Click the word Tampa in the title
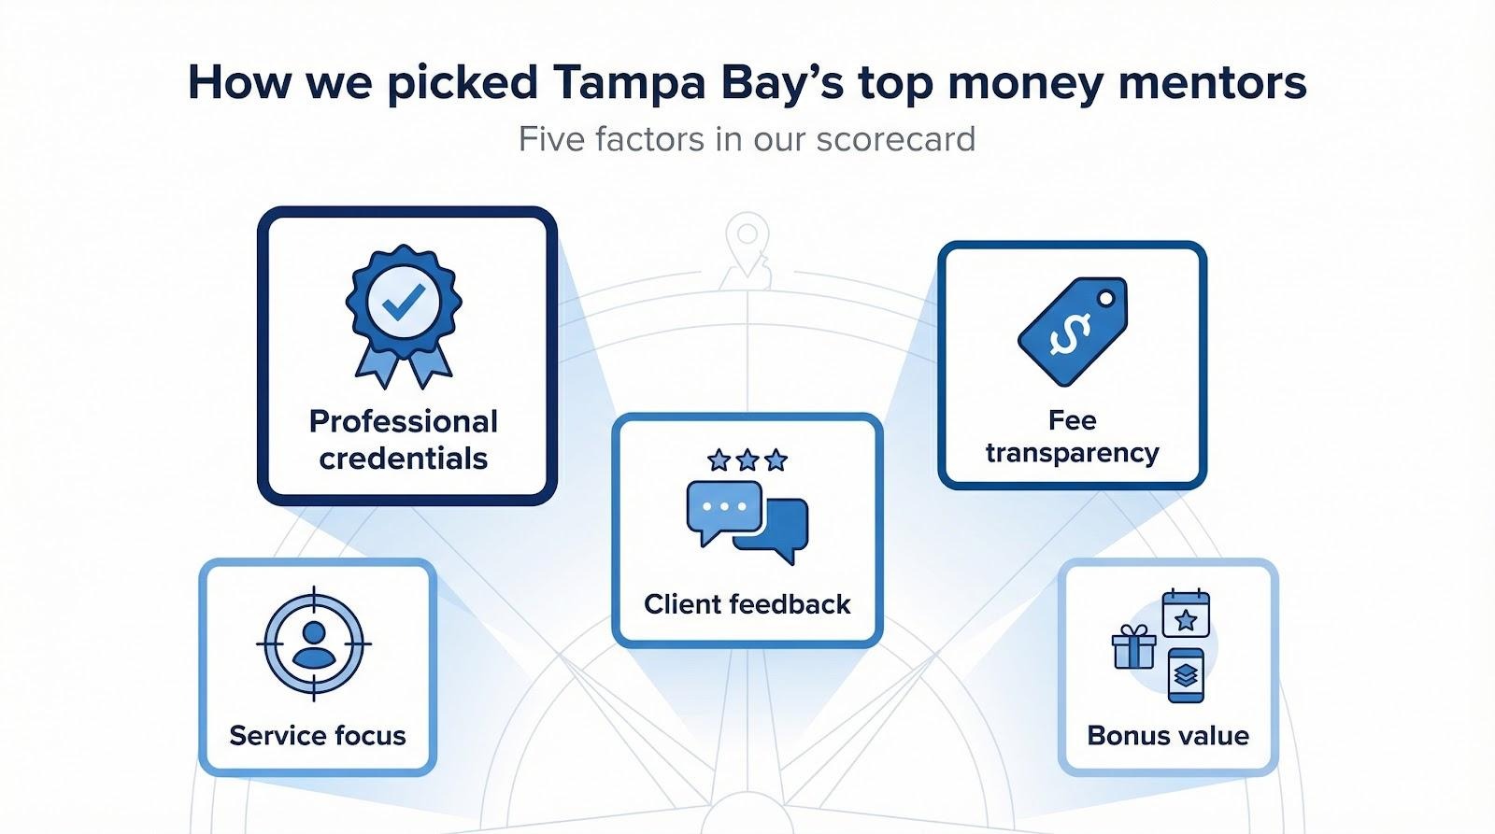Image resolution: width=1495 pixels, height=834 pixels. (629, 83)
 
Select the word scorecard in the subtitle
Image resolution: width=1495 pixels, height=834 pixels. (896, 139)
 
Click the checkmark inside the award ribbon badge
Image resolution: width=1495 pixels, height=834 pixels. (404, 302)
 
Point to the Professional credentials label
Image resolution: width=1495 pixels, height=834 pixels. (404, 440)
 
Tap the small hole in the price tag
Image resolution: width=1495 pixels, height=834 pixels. (1106, 298)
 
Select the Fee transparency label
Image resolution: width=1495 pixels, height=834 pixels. (1072, 436)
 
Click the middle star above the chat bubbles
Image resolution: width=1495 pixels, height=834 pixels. (747, 459)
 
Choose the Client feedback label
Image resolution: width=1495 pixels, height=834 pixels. (747, 604)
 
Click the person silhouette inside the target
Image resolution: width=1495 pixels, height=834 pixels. (314, 644)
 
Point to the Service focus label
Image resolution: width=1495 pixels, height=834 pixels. (318, 735)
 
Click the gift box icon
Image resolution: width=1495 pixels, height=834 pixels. (1133, 646)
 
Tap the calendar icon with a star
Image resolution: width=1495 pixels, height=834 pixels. (1186, 613)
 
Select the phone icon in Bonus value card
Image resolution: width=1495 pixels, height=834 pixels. (1186, 675)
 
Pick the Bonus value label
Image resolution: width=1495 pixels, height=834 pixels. (1168, 735)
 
